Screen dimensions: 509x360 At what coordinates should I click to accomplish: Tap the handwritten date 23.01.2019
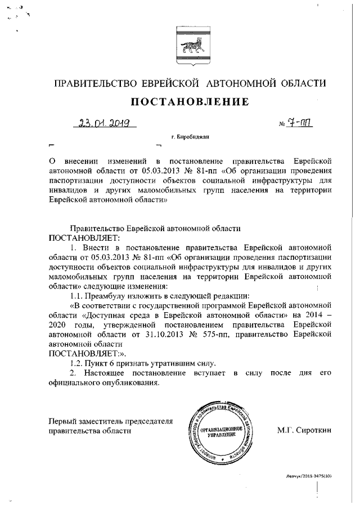point(105,123)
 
